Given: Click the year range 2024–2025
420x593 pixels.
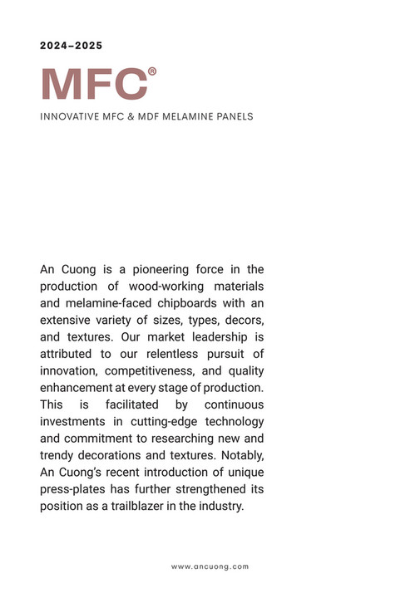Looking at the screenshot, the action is (x=72, y=46).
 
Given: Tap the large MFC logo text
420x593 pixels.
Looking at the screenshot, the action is (x=93, y=84).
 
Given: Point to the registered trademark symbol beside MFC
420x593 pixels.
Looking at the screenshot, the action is (x=152, y=71).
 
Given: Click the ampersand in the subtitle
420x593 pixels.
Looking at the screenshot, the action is (x=130, y=117).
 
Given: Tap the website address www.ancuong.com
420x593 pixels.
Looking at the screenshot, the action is (x=210, y=566).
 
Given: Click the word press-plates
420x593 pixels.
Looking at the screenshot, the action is (x=72, y=489).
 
